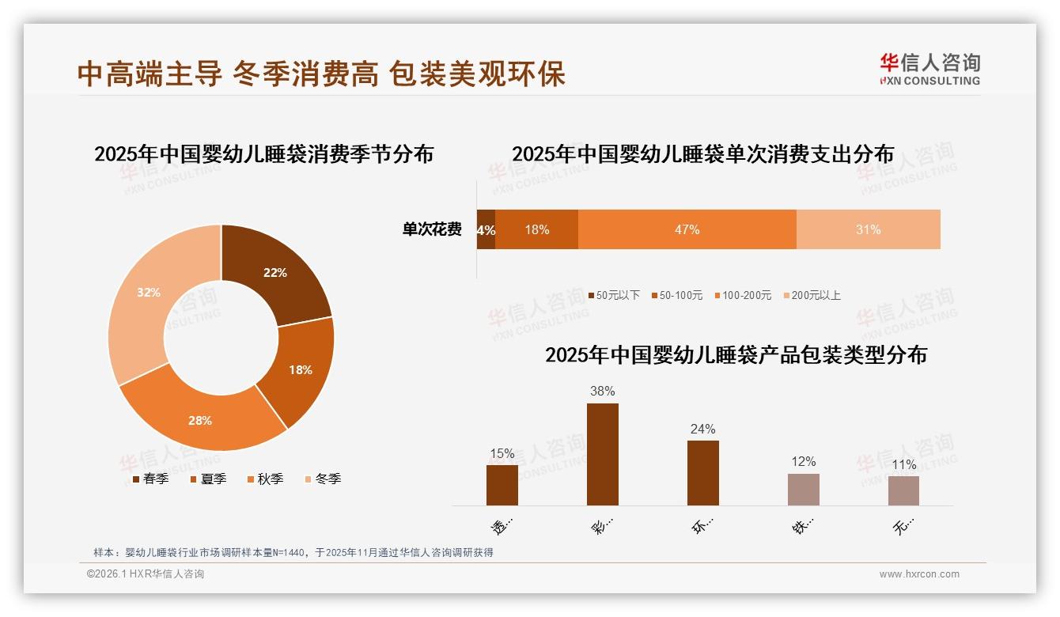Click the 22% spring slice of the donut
[x=274, y=273]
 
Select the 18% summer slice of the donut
[x=299, y=369]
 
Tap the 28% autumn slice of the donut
[x=201, y=420]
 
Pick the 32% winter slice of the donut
[x=149, y=293]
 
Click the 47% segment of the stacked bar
[x=687, y=229]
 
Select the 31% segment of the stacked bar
[x=868, y=229]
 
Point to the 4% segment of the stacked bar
[x=486, y=230]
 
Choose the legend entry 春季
[x=150, y=479]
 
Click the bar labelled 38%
[x=602, y=454]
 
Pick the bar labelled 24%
[x=702, y=472]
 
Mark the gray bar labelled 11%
[x=903, y=490]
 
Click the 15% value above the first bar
[x=502, y=453]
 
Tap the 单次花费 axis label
[x=432, y=229]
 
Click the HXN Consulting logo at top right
[x=929, y=70]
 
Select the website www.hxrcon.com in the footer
[x=919, y=574]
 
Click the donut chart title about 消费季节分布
[x=263, y=153]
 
